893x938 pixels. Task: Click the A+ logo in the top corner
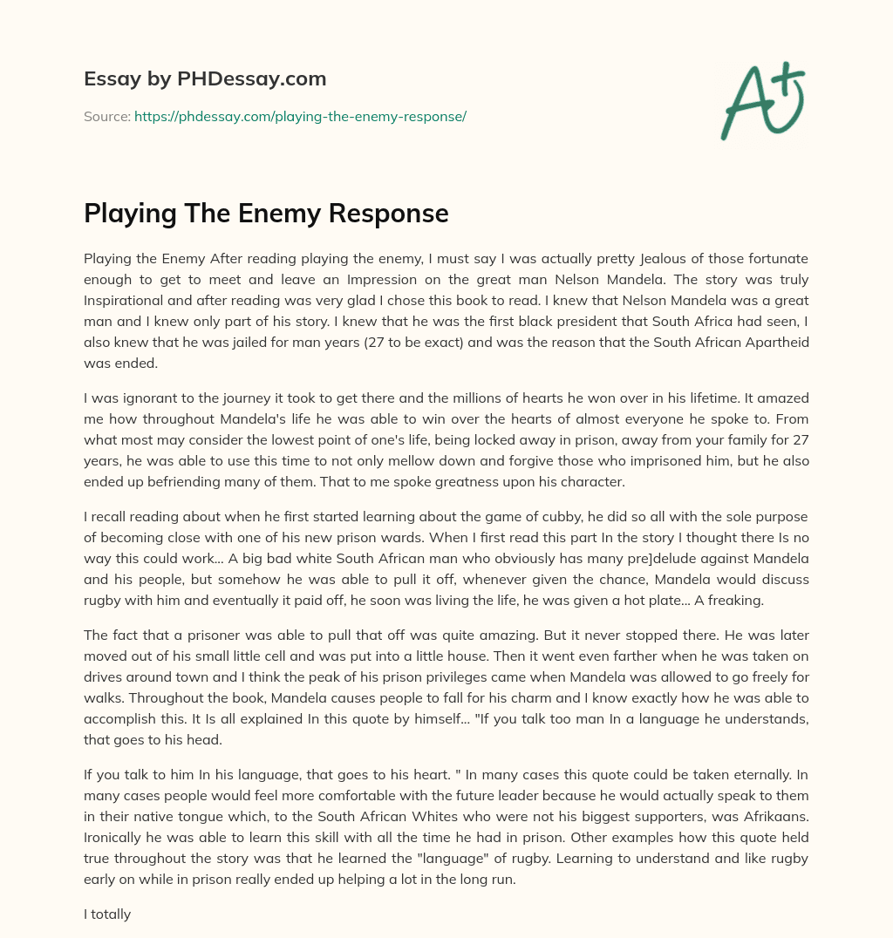[x=762, y=101]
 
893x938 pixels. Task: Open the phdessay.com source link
[x=300, y=116]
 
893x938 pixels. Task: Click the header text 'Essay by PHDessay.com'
[x=205, y=79]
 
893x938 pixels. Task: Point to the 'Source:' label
[x=106, y=116]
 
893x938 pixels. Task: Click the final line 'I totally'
[x=107, y=914]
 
